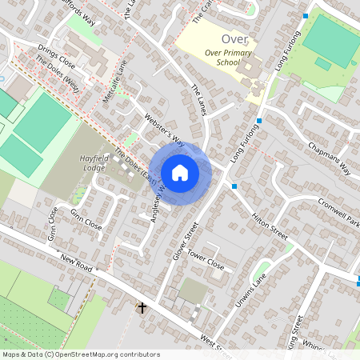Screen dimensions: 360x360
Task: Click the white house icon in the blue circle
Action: (180, 172)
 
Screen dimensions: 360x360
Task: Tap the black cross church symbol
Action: (142, 307)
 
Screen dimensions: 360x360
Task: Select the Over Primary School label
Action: (222, 58)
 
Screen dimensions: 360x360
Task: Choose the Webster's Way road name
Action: (163, 130)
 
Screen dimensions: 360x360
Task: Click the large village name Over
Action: (234, 39)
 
